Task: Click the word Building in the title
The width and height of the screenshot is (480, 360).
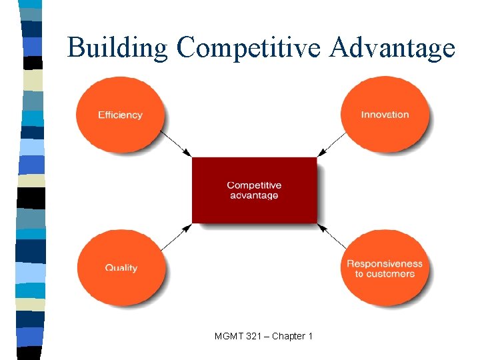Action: [x=117, y=49]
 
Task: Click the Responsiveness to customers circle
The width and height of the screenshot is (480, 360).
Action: [x=385, y=268]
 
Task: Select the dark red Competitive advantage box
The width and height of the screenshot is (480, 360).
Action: [x=254, y=190]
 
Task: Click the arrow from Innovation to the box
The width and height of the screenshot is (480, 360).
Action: [x=332, y=143]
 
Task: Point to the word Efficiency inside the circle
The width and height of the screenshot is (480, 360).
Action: [x=120, y=115]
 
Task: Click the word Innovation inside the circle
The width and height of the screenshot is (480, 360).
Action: [x=385, y=115]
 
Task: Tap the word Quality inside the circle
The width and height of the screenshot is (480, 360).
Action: [x=121, y=268]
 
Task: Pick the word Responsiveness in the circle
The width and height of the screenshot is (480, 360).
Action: [x=385, y=263]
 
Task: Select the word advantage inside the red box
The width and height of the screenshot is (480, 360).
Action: [x=254, y=195]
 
